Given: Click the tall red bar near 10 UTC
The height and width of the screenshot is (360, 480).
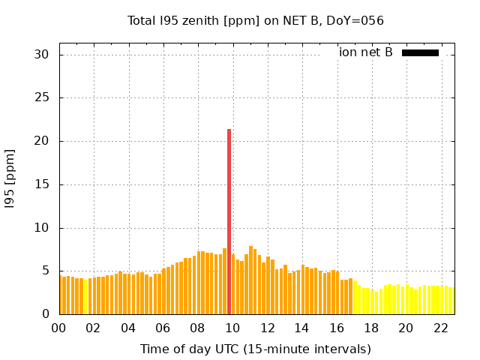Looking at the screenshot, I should (x=229, y=221).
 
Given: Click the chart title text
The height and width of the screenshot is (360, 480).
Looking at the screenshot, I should (x=255, y=20).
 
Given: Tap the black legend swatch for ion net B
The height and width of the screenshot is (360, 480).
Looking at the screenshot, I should (x=420, y=52).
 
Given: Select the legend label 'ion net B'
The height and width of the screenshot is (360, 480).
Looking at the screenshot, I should (x=365, y=52).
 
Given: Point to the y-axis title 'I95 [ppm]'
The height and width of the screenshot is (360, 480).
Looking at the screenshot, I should (x=10, y=178).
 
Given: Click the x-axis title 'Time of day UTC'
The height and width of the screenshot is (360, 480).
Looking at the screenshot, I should (x=255, y=349).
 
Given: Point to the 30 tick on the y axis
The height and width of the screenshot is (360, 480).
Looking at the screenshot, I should (x=41, y=55).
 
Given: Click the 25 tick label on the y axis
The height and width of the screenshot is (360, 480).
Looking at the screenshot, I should (x=41, y=98).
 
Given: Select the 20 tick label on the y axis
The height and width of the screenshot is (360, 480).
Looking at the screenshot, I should (x=41, y=141).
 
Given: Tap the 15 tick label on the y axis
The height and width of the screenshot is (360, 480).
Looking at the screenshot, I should (x=41, y=184).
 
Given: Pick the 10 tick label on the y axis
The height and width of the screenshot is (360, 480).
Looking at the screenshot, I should (x=41, y=228).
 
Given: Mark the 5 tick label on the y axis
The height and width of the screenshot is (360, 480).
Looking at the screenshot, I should (x=45, y=271).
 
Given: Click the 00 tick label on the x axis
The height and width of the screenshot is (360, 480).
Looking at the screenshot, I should (x=59, y=328).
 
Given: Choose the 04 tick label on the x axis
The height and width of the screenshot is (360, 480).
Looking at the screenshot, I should (x=128, y=328).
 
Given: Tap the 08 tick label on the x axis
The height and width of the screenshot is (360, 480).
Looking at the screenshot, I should (x=197, y=328).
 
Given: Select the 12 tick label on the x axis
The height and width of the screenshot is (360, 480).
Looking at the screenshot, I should (x=267, y=328).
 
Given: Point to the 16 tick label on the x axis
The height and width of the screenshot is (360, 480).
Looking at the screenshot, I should (x=336, y=328).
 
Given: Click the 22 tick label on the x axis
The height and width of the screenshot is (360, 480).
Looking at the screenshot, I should (x=440, y=328).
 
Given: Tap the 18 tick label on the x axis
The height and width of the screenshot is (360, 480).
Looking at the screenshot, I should (x=370, y=328).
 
